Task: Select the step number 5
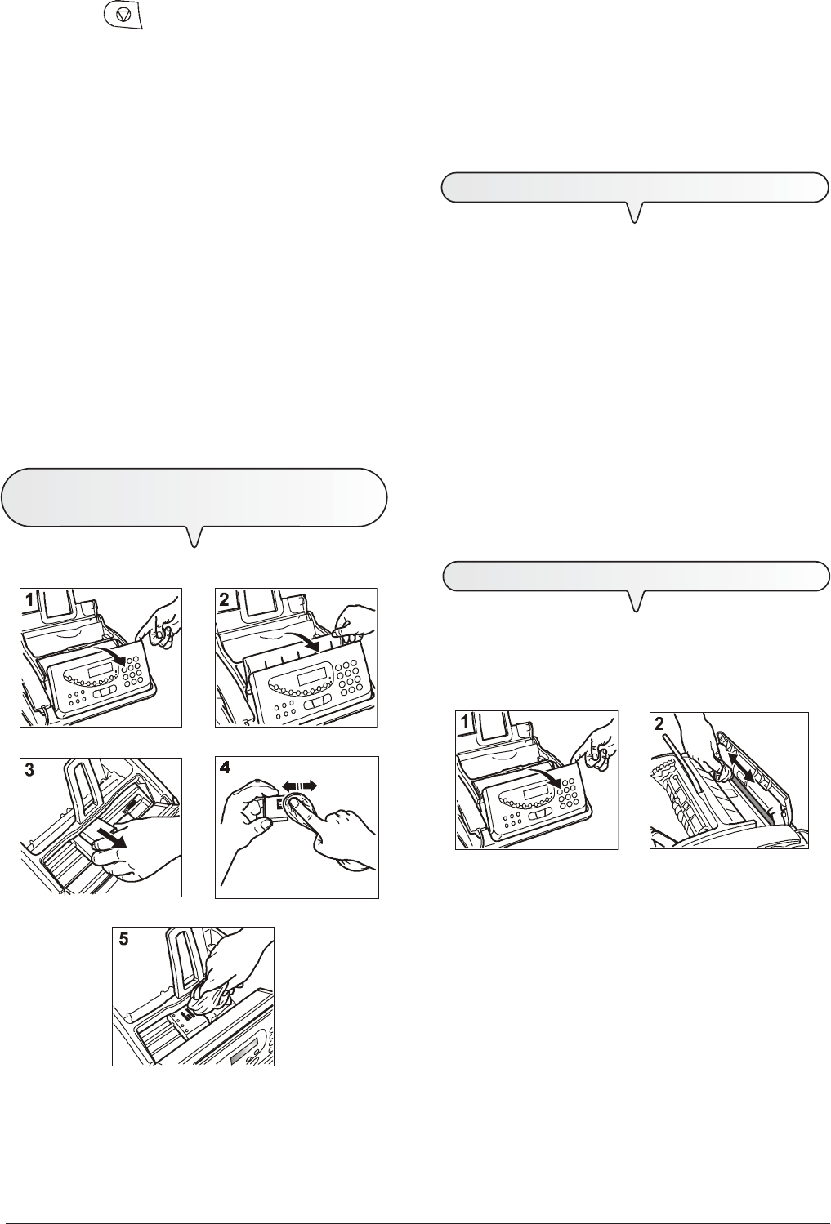click(x=124, y=939)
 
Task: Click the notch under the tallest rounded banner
click(x=194, y=535)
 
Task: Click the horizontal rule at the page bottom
click(x=415, y=1200)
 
